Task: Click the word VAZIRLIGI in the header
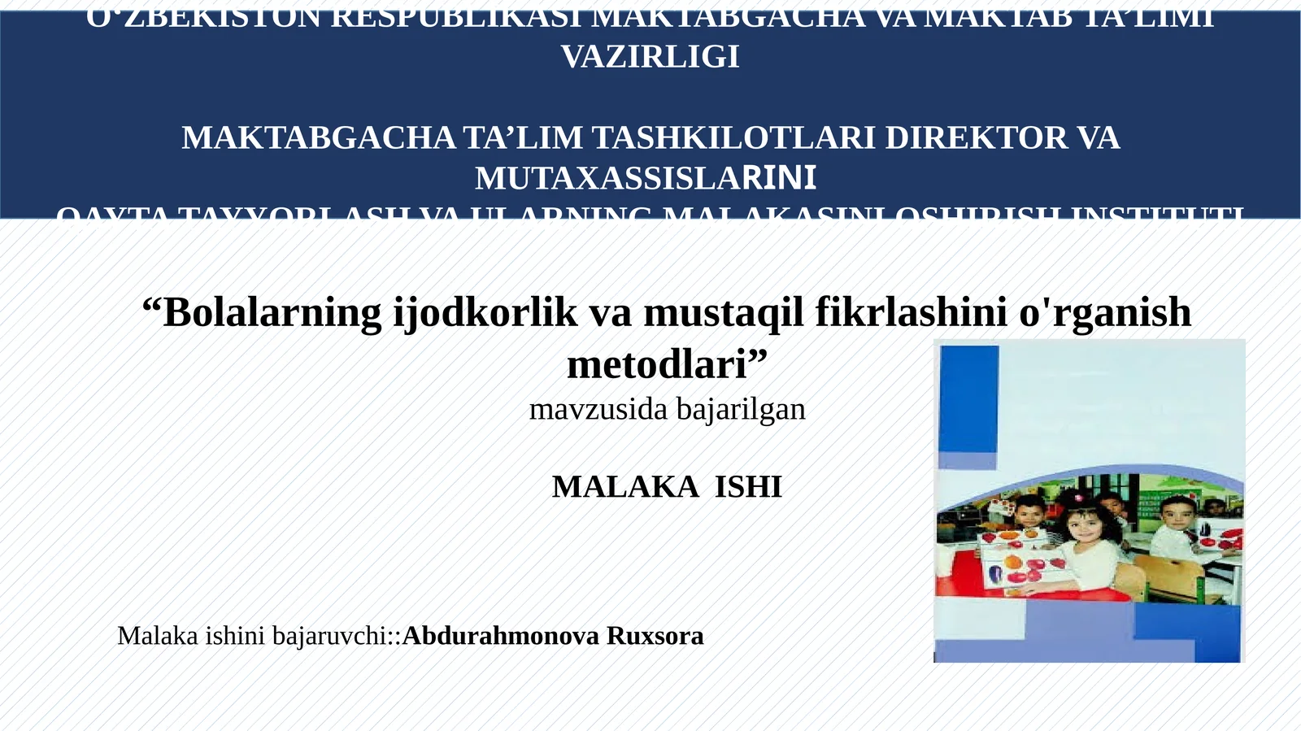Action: click(x=650, y=57)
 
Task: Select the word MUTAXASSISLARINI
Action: click(x=646, y=178)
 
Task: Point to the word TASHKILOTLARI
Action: click(x=733, y=137)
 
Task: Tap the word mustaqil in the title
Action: click(x=724, y=312)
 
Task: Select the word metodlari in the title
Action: click(x=657, y=364)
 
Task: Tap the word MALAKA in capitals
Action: click(x=624, y=487)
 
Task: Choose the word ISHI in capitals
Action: click(x=748, y=487)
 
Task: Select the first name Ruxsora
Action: click(x=655, y=636)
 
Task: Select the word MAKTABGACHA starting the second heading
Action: click(x=318, y=137)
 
